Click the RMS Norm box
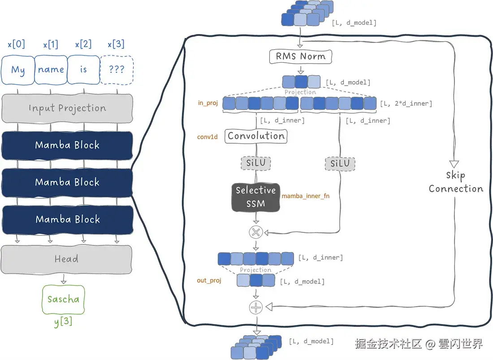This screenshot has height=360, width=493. (x=300, y=57)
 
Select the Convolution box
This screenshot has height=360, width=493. (x=256, y=136)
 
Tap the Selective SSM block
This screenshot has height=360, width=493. (x=256, y=197)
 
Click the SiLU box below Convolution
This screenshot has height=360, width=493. (x=256, y=163)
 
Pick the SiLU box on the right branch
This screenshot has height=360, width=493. (x=340, y=163)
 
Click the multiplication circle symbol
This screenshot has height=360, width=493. (x=256, y=232)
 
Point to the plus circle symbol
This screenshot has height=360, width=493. (x=256, y=307)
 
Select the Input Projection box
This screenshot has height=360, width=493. (x=67, y=108)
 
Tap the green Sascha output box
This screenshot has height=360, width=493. (x=63, y=299)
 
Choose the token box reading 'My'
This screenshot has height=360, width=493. (x=18, y=70)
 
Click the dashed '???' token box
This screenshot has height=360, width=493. (x=117, y=70)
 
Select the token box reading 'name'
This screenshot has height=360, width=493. (x=51, y=70)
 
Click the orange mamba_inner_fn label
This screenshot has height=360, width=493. (x=306, y=196)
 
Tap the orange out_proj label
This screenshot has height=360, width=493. (x=209, y=281)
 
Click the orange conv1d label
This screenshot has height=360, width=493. (x=207, y=137)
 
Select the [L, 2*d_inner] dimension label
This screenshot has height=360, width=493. (x=406, y=103)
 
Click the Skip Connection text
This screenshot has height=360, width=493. (x=456, y=182)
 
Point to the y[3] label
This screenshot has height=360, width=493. (x=63, y=322)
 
